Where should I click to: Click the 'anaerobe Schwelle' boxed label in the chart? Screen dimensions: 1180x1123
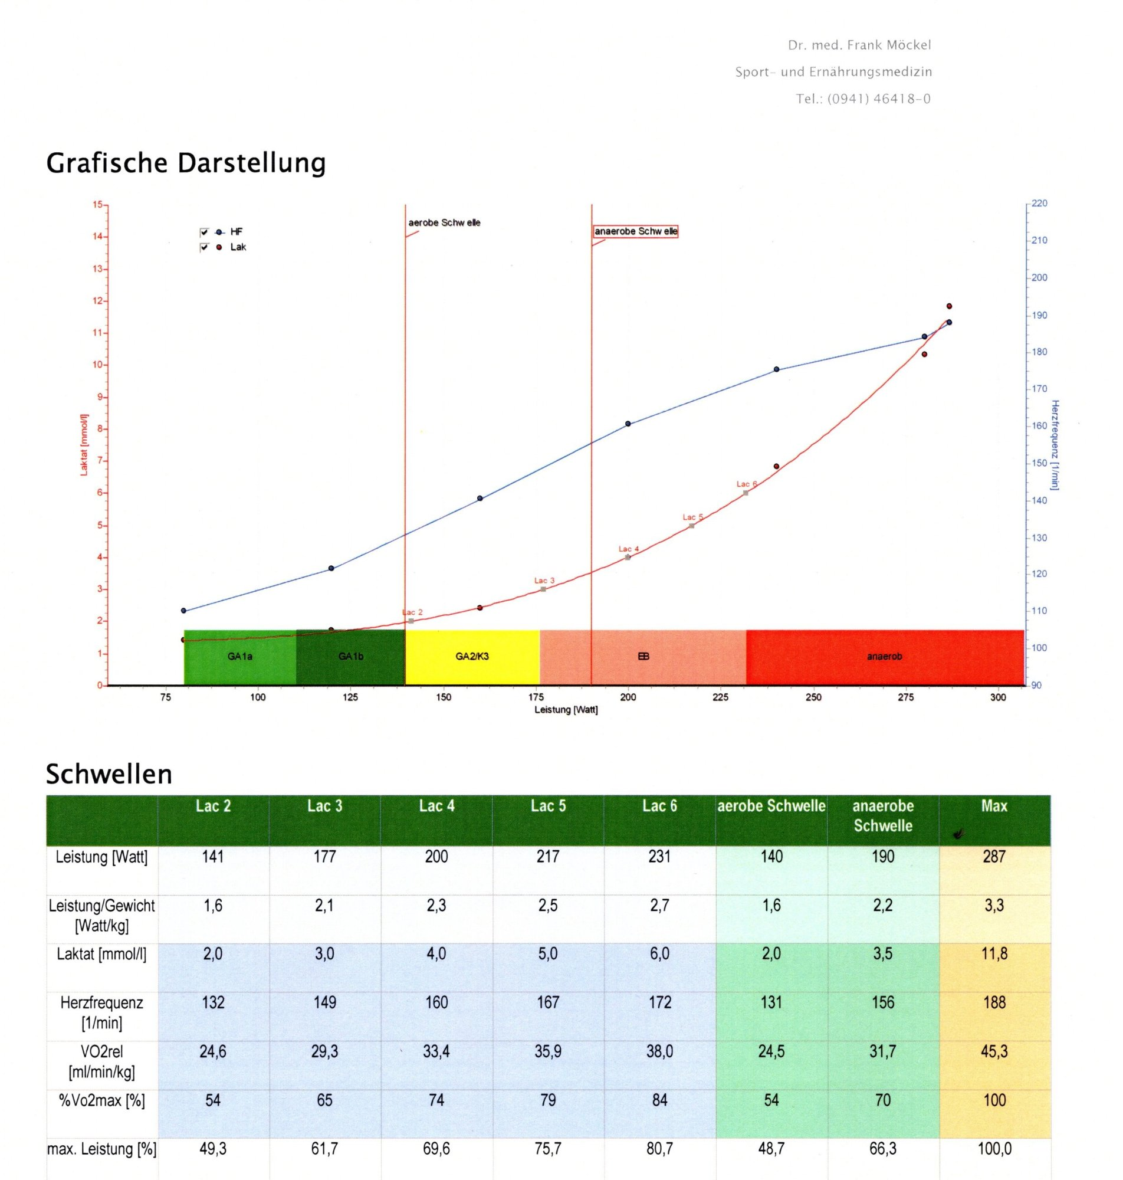[x=635, y=232]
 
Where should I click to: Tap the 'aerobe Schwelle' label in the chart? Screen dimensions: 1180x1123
[x=444, y=222]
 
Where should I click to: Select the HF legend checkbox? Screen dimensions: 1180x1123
[x=204, y=232]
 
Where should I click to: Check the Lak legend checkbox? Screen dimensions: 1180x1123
[x=204, y=247]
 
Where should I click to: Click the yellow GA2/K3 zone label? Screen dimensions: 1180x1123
[x=472, y=656]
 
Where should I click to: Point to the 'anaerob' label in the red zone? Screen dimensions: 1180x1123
[x=884, y=656]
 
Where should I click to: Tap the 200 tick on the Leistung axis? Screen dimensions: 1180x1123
[x=628, y=697]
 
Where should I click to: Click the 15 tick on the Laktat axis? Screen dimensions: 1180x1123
[x=97, y=205]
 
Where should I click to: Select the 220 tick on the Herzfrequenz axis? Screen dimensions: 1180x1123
[x=1039, y=204]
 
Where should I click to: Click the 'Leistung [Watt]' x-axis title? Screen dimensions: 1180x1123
[x=566, y=710]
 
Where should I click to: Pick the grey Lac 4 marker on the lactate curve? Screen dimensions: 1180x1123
[x=628, y=558]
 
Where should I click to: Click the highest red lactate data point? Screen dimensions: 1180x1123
[x=949, y=307]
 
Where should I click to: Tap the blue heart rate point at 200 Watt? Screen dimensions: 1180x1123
[x=628, y=424]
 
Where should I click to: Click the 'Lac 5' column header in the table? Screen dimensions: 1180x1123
[x=548, y=807]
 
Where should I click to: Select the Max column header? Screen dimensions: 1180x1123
[x=994, y=807]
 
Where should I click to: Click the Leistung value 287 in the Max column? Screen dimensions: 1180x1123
[x=994, y=857]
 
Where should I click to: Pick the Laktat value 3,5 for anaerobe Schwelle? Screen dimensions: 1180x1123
[x=882, y=953]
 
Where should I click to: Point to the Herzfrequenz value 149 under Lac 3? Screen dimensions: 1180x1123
[x=324, y=1002]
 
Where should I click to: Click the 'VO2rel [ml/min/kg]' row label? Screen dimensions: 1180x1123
[x=102, y=1061]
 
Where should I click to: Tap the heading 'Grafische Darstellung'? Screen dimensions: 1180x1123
[x=186, y=163]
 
